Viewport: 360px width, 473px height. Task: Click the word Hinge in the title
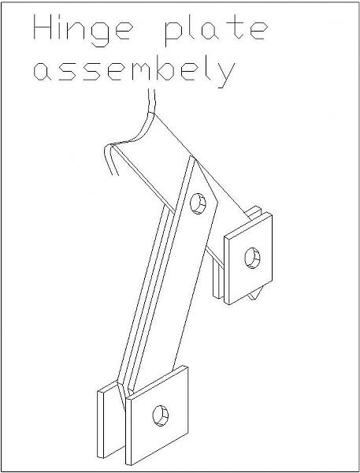click(x=83, y=30)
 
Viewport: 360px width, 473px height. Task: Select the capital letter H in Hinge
click(x=43, y=27)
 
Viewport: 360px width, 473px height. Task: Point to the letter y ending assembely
click(x=226, y=75)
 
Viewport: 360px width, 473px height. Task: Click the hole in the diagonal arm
click(x=198, y=203)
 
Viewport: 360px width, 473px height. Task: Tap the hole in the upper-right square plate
click(x=252, y=258)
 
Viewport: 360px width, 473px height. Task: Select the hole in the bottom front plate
click(x=161, y=415)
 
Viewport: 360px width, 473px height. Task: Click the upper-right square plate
click(x=248, y=259)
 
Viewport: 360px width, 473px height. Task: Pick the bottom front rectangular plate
click(x=157, y=415)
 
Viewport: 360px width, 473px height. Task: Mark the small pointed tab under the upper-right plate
click(x=254, y=296)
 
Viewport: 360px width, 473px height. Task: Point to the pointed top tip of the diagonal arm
click(x=191, y=156)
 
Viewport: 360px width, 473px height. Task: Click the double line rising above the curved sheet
click(x=152, y=101)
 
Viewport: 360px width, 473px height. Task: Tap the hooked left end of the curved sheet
click(x=109, y=159)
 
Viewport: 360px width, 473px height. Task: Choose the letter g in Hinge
click(x=100, y=35)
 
